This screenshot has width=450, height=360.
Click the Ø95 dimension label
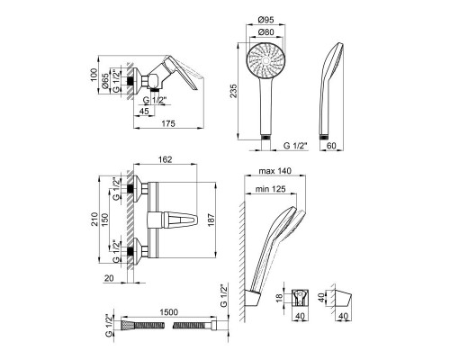pos(265,20)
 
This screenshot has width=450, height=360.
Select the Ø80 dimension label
pos(265,31)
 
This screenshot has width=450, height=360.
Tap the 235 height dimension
pos(233,91)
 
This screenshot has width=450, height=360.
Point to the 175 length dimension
pos(168,123)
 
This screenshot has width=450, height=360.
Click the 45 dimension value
pos(144,111)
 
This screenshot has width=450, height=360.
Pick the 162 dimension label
pos(166,159)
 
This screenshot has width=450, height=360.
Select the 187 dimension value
pos(211,220)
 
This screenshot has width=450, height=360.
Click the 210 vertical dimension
pos(94,219)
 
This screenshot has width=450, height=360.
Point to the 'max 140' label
pos(275,171)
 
